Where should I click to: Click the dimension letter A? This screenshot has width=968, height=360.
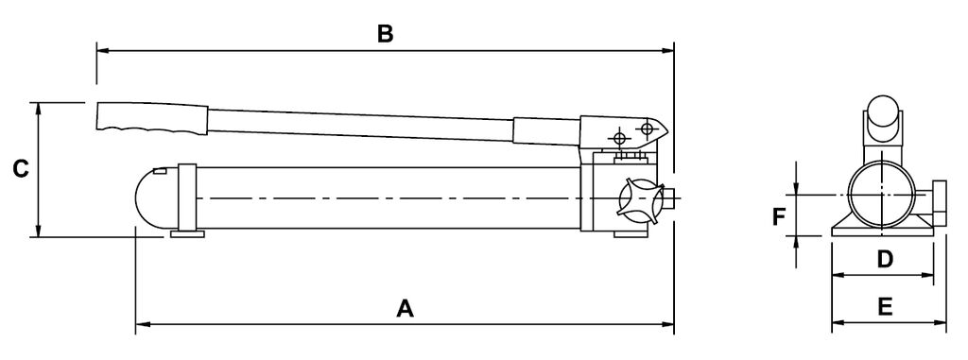pyautogui.click(x=405, y=308)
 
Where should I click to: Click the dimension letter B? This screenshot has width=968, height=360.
pyautogui.click(x=386, y=34)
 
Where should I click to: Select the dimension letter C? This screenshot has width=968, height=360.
pyautogui.click(x=21, y=168)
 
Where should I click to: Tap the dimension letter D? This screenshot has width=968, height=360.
pyautogui.click(x=885, y=259)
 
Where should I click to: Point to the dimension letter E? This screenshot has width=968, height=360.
pyautogui.click(x=885, y=307)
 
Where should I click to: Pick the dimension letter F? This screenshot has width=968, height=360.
pyautogui.click(x=779, y=217)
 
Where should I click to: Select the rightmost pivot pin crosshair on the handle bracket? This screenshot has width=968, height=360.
pyautogui.click(x=647, y=129)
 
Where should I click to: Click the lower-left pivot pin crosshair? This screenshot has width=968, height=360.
pyautogui.click(x=620, y=138)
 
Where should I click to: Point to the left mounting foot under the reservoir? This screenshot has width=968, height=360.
pyautogui.click(x=187, y=234)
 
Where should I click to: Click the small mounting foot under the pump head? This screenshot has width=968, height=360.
pyautogui.click(x=630, y=233)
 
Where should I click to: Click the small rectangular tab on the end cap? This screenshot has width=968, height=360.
pyautogui.click(x=159, y=171)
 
